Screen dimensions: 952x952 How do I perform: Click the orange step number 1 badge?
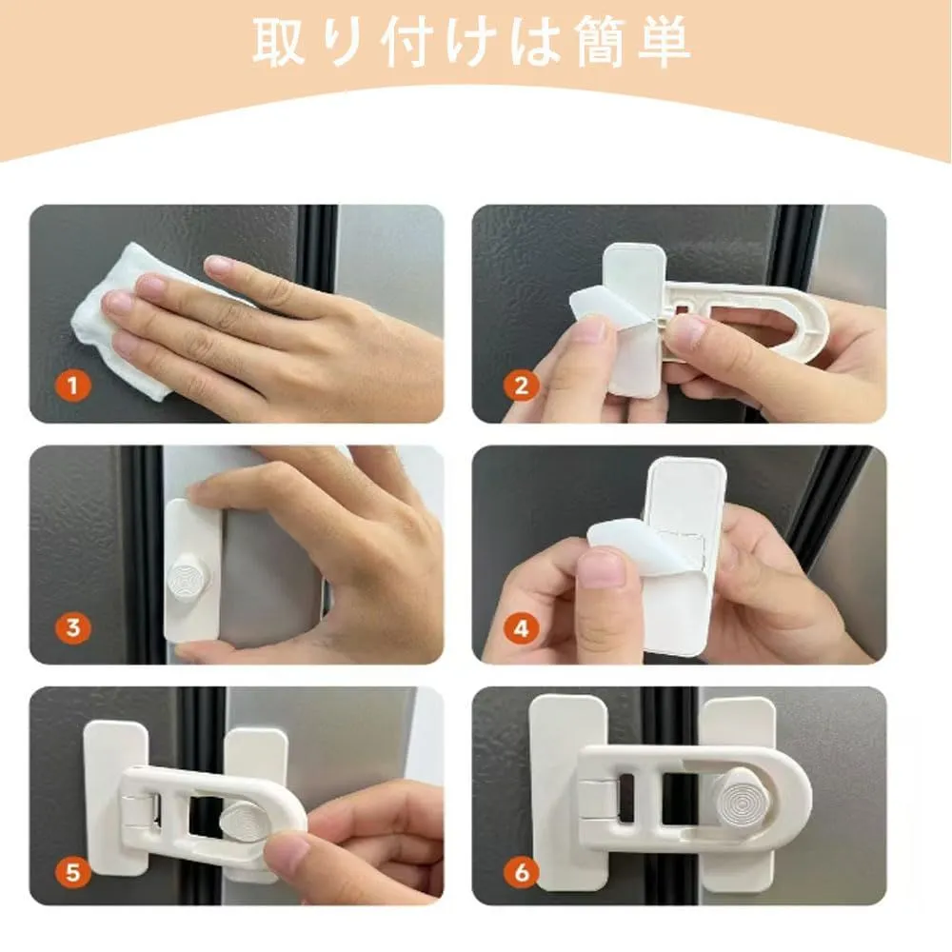click(x=73, y=386)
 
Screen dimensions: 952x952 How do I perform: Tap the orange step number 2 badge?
click(x=521, y=386)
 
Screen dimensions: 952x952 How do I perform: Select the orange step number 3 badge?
click(x=73, y=627)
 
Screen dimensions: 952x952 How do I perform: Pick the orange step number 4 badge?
click(x=521, y=628)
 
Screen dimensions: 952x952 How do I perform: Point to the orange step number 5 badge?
click(x=73, y=872)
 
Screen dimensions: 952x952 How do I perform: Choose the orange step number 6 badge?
click(x=521, y=872)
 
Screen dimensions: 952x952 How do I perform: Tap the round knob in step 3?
click(x=188, y=580)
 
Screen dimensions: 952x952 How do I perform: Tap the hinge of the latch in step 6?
click(x=596, y=801)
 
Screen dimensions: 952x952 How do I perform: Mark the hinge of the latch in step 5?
click(x=137, y=810)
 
